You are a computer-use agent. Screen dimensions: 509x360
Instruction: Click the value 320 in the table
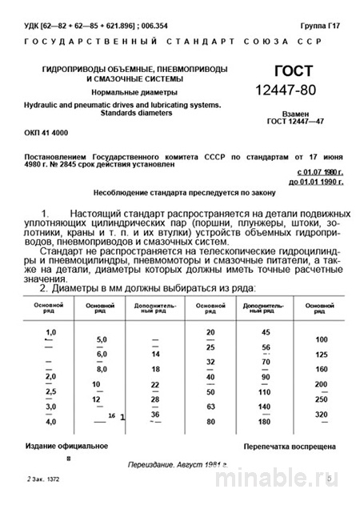coord(322,414)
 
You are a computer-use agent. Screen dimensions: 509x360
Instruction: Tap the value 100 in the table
coord(322,340)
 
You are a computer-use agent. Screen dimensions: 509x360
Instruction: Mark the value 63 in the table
coord(210,407)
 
